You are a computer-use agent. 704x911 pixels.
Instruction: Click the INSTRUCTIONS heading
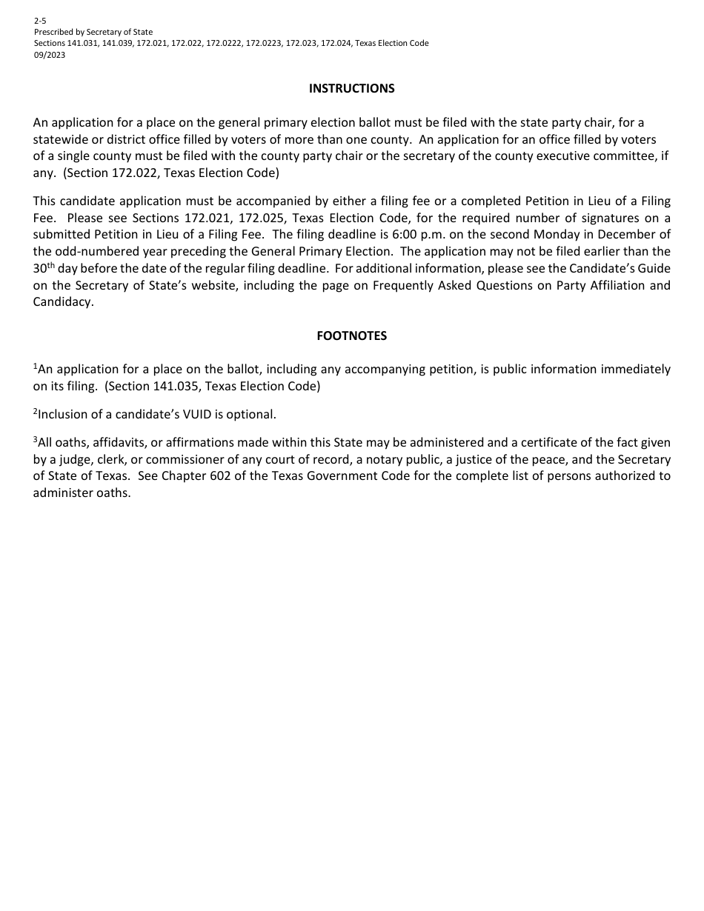coord(351,89)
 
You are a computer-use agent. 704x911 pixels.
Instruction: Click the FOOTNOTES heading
coord(351,336)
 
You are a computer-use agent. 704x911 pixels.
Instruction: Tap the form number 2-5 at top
coord(40,21)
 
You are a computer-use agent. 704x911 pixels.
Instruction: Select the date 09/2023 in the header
coord(50,55)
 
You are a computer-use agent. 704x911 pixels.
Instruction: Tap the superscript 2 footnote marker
coord(35,411)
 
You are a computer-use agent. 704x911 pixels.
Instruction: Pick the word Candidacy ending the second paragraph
coord(62,302)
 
